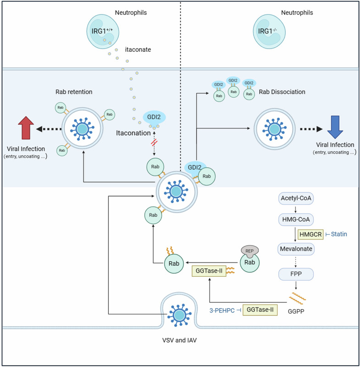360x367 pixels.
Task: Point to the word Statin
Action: pos(338,235)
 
